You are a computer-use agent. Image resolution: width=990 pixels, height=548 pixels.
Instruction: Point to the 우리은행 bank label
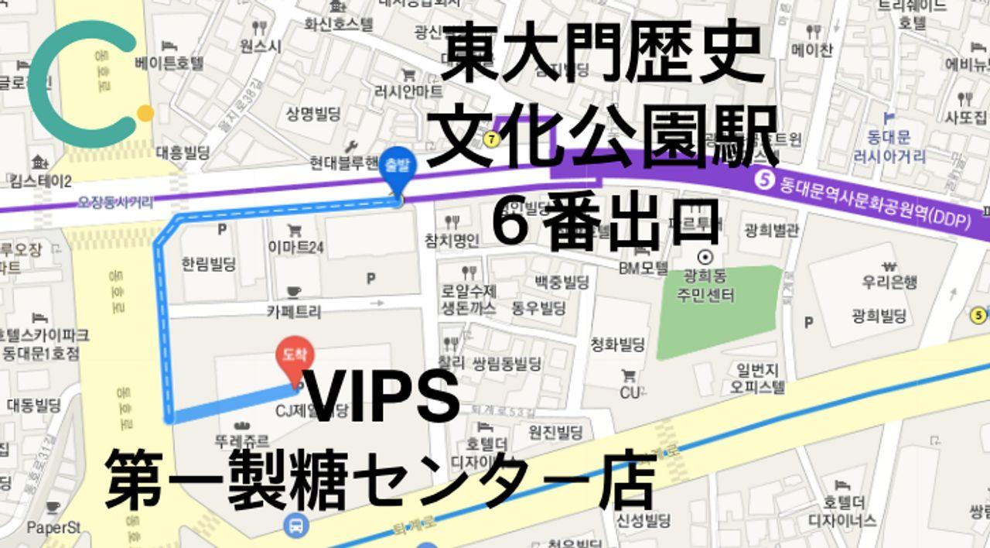[x=889, y=282]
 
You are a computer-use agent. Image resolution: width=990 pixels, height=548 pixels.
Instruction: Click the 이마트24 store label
[x=296, y=248]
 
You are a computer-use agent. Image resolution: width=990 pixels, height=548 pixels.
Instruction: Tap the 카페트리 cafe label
[x=294, y=311]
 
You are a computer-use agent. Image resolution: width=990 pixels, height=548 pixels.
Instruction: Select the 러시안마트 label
[x=408, y=91]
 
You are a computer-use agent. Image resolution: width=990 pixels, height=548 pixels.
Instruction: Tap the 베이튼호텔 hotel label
[x=169, y=62]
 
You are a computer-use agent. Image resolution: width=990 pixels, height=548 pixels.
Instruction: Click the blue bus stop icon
[x=296, y=526]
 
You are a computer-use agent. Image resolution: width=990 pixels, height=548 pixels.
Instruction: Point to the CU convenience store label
[x=630, y=392]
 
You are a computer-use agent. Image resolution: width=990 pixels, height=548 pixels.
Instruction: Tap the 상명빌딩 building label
[x=313, y=115]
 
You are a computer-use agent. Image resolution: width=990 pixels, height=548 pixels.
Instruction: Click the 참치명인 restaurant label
[x=452, y=240]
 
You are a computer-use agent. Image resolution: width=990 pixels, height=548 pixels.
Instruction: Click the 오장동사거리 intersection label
[x=116, y=202]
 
